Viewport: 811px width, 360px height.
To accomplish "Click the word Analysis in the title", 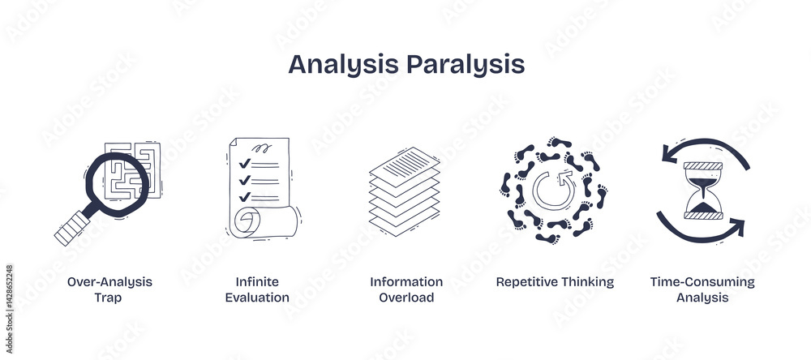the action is pyautogui.click(x=343, y=65).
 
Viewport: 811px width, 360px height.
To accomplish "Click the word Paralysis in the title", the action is pyautogui.click(x=466, y=65).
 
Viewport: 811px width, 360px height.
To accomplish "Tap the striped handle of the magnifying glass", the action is pyautogui.click(x=72, y=228).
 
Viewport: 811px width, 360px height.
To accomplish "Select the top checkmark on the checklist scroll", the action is pyautogui.click(x=245, y=164).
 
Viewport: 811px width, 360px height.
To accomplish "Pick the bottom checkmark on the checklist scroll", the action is pyautogui.click(x=245, y=196).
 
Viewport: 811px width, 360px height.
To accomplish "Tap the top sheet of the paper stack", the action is pyautogui.click(x=405, y=165).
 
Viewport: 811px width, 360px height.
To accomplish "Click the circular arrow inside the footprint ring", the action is pyautogui.click(x=555, y=190).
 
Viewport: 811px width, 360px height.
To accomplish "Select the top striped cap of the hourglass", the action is pyautogui.click(x=703, y=166).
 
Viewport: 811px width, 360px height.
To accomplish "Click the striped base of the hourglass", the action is pyautogui.click(x=703, y=215).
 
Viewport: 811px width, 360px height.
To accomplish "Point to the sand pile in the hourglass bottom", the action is pyautogui.click(x=703, y=207).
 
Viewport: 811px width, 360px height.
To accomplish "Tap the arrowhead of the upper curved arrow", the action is pyautogui.click(x=671, y=155).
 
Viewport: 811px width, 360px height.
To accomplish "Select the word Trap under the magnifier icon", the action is pyautogui.click(x=108, y=298).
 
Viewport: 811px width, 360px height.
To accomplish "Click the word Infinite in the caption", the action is pyautogui.click(x=257, y=282).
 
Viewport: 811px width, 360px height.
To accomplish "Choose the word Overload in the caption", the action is pyautogui.click(x=406, y=298).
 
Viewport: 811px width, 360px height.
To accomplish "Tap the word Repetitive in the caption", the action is pyautogui.click(x=524, y=282).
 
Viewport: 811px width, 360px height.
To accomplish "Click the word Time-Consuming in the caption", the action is pyautogui.click(x=702, y=282).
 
